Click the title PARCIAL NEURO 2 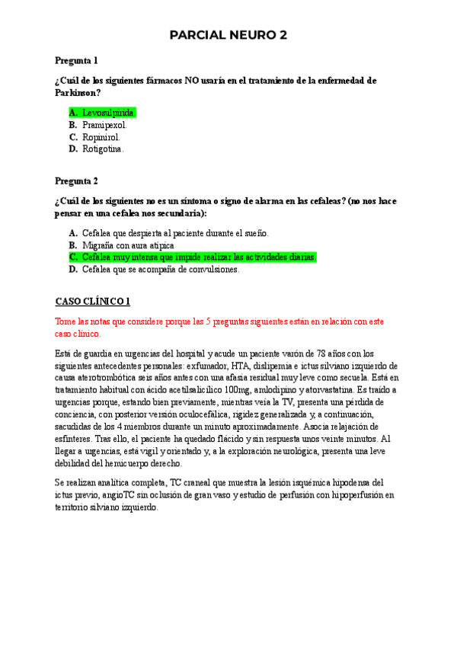(228, 35)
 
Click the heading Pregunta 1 (76, 60)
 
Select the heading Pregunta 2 (76, 181)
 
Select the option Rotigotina (103, 149)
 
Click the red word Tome (67, 321)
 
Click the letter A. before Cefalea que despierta (73, 233)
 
